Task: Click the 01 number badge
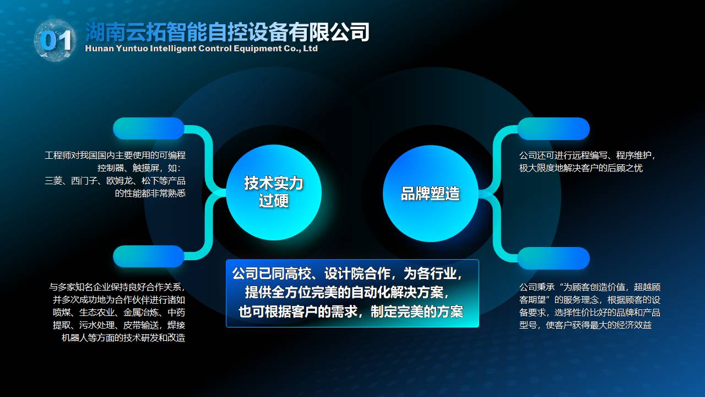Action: (56, 40)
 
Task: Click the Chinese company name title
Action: (227, 32)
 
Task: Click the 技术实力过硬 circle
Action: (274, 192)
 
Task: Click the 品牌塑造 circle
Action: (430, 194)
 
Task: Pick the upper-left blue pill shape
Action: (149, 128)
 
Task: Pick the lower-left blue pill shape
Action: (149, 256)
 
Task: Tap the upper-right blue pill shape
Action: (554, 128)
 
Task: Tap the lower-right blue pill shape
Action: (554, 259)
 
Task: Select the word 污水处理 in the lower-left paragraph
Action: (96, 325)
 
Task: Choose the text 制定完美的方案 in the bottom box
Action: (417, 312)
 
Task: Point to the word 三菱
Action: (53, 181)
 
